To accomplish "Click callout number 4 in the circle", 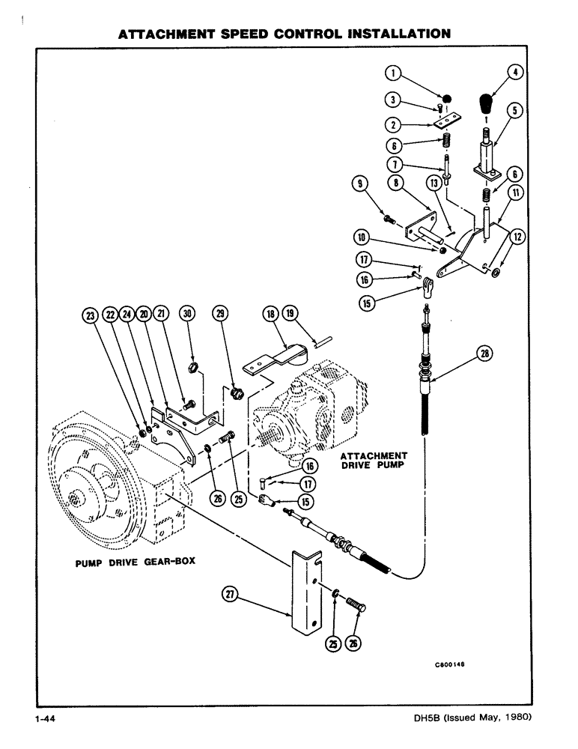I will click(514, 73).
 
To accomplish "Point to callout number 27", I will click(231, 594).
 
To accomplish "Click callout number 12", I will click(515, 238).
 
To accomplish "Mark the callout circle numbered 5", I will click(514, 110).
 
